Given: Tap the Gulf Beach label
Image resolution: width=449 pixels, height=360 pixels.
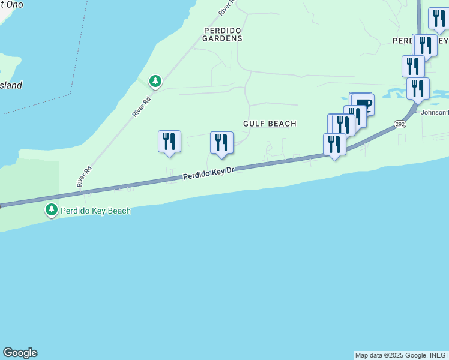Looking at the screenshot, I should [270, 124].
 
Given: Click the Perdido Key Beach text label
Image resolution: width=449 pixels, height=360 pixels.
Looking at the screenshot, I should [95, 211].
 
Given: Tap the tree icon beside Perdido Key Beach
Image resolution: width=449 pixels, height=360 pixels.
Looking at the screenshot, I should [52, 210].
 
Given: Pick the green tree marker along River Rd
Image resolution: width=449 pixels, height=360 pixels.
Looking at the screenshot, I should [155, 81].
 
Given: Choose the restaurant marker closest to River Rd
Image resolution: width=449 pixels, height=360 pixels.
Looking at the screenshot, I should [169, 142].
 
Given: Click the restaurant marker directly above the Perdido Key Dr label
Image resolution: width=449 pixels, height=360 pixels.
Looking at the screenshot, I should [221, 143].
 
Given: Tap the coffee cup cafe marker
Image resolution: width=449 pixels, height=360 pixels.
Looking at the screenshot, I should [363, 104].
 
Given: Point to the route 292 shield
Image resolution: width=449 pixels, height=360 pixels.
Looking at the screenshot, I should [400, 124].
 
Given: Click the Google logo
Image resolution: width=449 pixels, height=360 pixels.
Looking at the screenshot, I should [20, 353].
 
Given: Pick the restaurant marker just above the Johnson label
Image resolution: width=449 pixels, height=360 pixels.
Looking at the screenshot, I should [418, 89].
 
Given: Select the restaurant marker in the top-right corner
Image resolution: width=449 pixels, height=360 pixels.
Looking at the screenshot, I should [439, 19].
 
